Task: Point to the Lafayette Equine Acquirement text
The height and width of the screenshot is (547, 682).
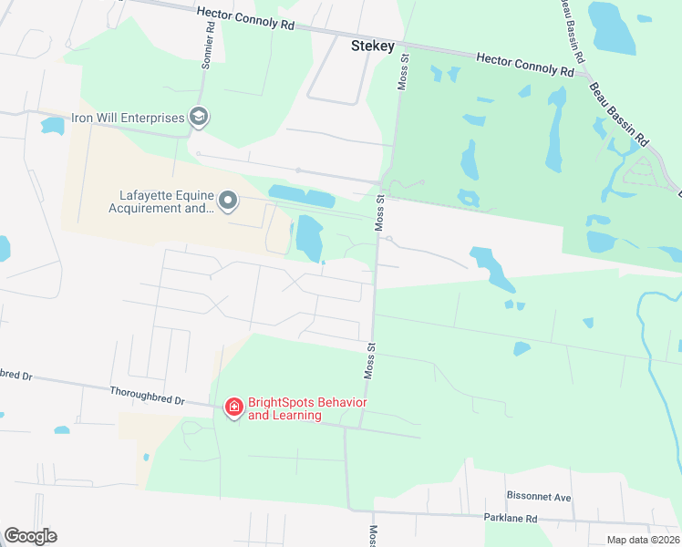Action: pos(163,201)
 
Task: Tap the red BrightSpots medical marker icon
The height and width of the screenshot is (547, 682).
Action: pos(233,407)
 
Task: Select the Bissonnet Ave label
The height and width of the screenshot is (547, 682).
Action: pos(538,498)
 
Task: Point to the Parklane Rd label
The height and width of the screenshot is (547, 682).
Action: pos(511,518)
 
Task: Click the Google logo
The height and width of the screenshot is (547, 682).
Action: pos(30,536)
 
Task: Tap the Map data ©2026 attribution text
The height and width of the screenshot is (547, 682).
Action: pos(642,540)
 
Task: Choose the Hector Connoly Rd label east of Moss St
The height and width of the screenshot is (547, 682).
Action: pos(525,64)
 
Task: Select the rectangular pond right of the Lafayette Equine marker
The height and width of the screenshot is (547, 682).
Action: pos(301,195)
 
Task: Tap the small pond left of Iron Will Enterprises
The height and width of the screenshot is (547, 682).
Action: pos(52,125)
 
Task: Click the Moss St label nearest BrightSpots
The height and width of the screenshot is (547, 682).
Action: pos(370,360)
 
